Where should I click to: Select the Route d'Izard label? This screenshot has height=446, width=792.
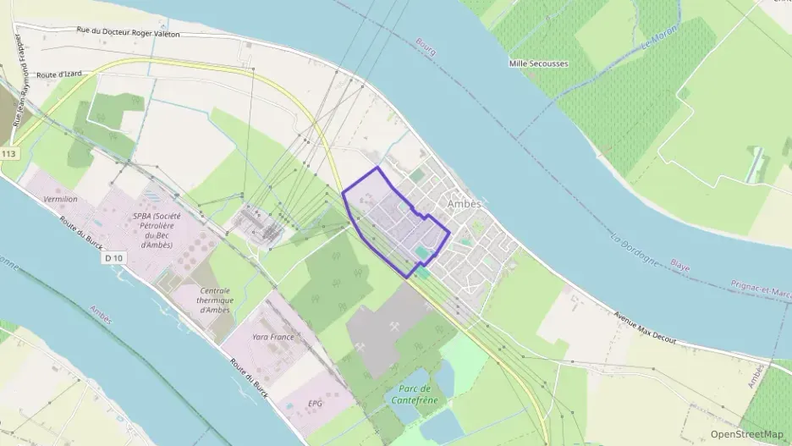[x=58, y=74]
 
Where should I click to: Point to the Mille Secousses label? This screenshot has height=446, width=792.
[x=539, y=63]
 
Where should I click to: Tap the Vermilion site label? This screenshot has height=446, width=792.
[x=59, y=199]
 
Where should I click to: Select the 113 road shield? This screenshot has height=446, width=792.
[x=9, y=153]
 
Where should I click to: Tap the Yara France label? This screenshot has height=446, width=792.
[x=272, y=336]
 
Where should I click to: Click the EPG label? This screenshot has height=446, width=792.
[x=316, y=403]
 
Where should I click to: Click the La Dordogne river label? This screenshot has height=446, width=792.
[x=632, y=247]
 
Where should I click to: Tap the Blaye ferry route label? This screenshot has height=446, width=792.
[x=679, y=267]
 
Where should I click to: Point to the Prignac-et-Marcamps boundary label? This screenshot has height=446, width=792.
[x=761, y=289]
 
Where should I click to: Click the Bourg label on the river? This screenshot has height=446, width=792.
[x=426, y=47]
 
